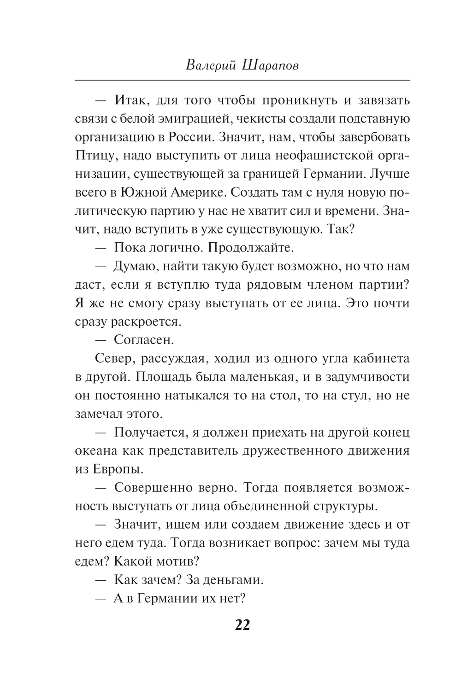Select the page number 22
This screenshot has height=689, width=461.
tap(242, 625)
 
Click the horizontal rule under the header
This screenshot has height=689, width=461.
tap(242, 81)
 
